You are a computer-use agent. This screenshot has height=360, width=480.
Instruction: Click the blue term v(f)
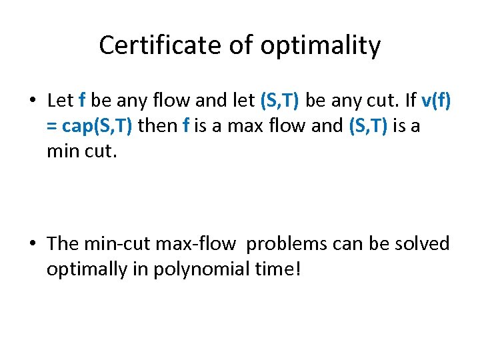coord(437,101)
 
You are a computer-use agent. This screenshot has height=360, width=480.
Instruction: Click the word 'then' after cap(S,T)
coord(157,125)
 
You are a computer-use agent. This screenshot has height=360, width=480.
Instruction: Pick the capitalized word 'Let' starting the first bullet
coord(60,101)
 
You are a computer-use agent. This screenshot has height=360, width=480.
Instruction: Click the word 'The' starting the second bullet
coord(63,244)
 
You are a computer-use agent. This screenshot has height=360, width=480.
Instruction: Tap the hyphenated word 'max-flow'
coord(195,244)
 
